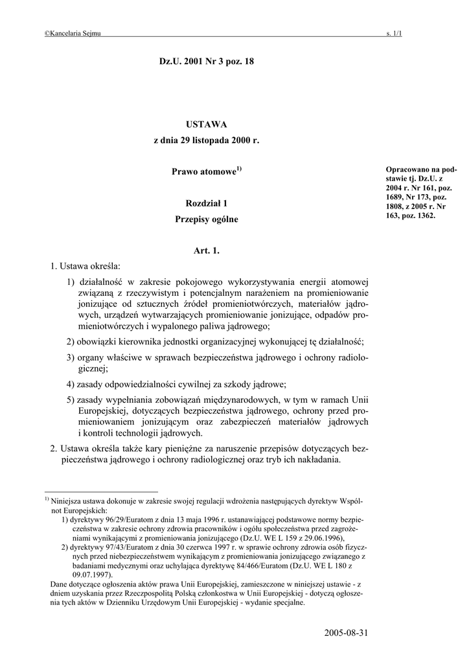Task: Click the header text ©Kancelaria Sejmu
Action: tap(72, 33)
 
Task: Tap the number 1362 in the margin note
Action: tap(424, 216)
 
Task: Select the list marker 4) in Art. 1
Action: tap(71, 383)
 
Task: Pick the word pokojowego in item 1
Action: tap(186, 282)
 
